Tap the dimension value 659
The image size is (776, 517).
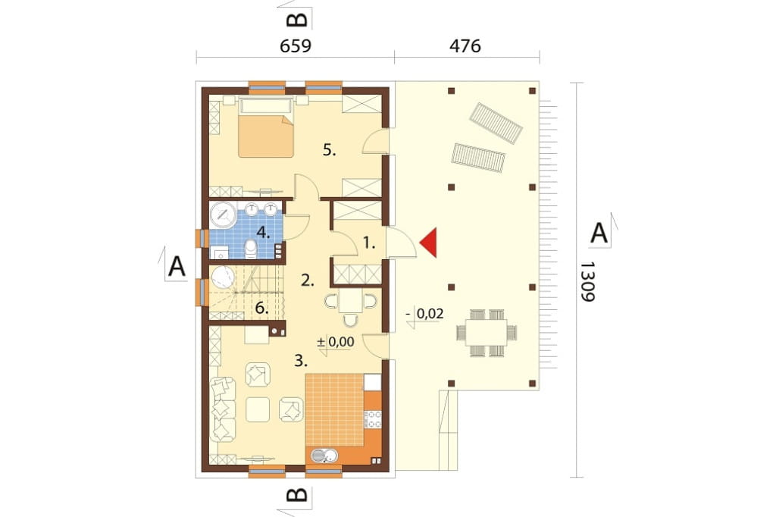coord(296,46)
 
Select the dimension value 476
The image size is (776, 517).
coord(465,46)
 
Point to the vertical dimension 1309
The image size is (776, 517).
coord(587,281)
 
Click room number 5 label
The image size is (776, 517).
coord(329,149)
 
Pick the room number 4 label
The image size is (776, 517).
coord(263,232)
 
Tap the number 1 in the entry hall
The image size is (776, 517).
coord(369,243)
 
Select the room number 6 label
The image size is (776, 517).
coord(261,308)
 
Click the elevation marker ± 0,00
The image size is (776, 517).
coord(335,342)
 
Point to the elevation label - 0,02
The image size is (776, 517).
coord(424,314)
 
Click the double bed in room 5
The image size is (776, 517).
coord(266,127)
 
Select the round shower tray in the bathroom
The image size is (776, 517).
coord(224,215)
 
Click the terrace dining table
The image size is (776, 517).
coord(486,332)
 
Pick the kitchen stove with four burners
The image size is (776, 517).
coord(373,419)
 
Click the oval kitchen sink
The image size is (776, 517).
coord(324,455)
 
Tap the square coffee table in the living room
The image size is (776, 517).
coord(258,409)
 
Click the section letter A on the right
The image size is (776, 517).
coord(599,233)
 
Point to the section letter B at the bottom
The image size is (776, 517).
coord(297,495)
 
